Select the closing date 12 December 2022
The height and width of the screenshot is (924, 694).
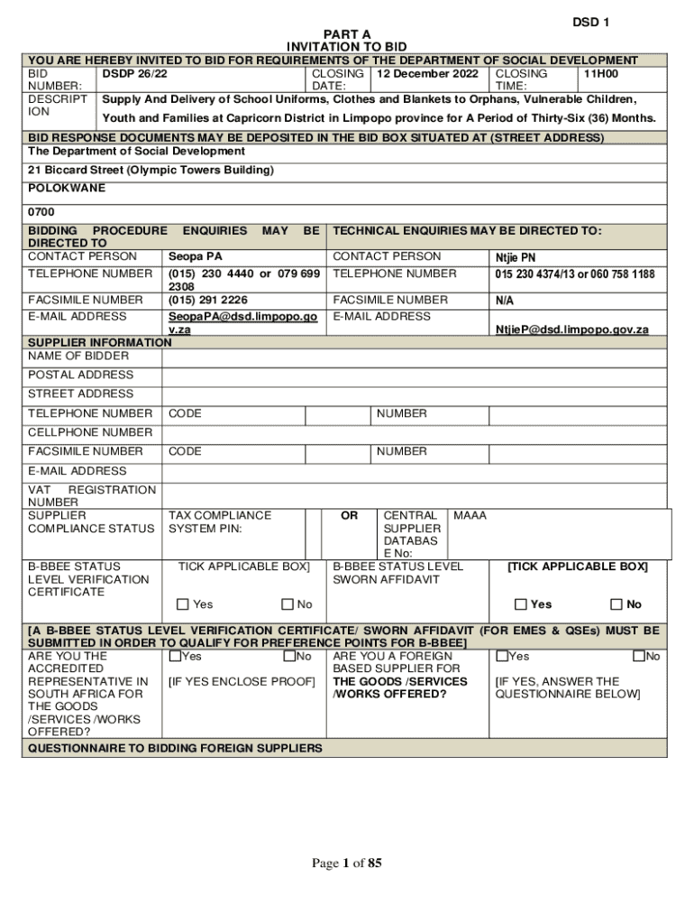(x=427, y=73)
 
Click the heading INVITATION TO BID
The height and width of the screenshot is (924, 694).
(x=347, y=47)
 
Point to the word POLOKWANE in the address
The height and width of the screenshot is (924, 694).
(x=67, y=188)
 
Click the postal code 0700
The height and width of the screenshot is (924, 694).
(x=41, y=212)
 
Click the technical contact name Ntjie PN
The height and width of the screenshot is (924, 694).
(x=516, y=257)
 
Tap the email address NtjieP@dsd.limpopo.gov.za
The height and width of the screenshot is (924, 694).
(x=571, y=330)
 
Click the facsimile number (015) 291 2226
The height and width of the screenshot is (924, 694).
(x=208, y=300)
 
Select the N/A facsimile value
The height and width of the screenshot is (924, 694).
(x=505, y=300)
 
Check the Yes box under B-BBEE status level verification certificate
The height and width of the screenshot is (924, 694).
(x=183, y=605)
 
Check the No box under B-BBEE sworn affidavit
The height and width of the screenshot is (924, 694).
(x=616, y=605)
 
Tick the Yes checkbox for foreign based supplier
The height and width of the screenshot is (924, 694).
(x=502, y=656)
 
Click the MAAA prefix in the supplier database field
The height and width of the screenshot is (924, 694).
(x=470, y=515)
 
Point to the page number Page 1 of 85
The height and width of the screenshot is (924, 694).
(x=347, y=864)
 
